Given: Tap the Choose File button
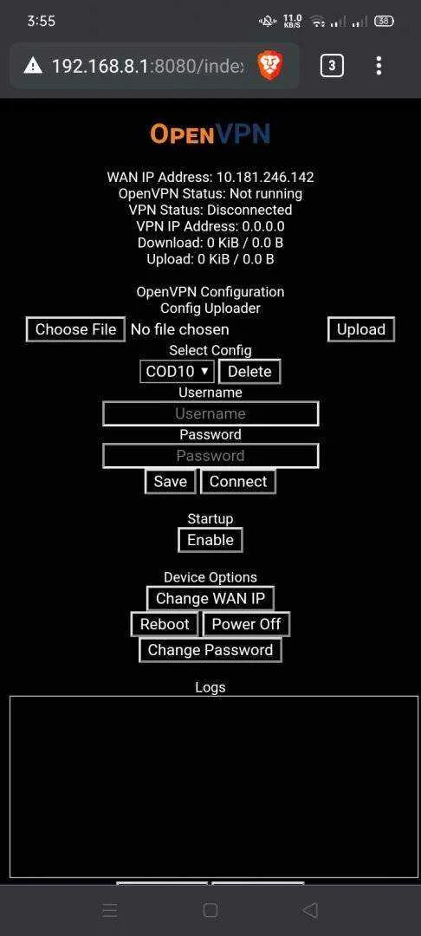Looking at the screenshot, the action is click(75, 329).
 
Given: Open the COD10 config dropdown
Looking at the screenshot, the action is click(177, 371).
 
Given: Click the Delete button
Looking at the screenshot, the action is click(249, 371).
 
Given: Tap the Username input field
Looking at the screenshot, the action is click(210, 413).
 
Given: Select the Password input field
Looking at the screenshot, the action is click(210, 456).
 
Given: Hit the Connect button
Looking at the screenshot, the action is click(238, 482).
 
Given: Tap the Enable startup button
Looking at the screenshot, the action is click(210, 540).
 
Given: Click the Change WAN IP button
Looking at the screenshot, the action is click(210, 598).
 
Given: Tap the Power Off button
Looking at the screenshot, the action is click(246, 624).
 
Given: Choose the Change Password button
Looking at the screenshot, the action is click(210, 650).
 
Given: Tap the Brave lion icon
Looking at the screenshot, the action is click(270, 65).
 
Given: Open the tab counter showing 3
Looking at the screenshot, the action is click(332, 66).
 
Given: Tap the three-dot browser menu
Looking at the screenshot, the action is click(379, 66).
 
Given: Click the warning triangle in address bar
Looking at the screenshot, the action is click(33, 66).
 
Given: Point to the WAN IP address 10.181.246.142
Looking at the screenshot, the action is click(265, 178).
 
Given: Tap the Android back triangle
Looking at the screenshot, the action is click(310, 910).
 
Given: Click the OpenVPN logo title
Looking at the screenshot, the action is click(210, 133).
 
